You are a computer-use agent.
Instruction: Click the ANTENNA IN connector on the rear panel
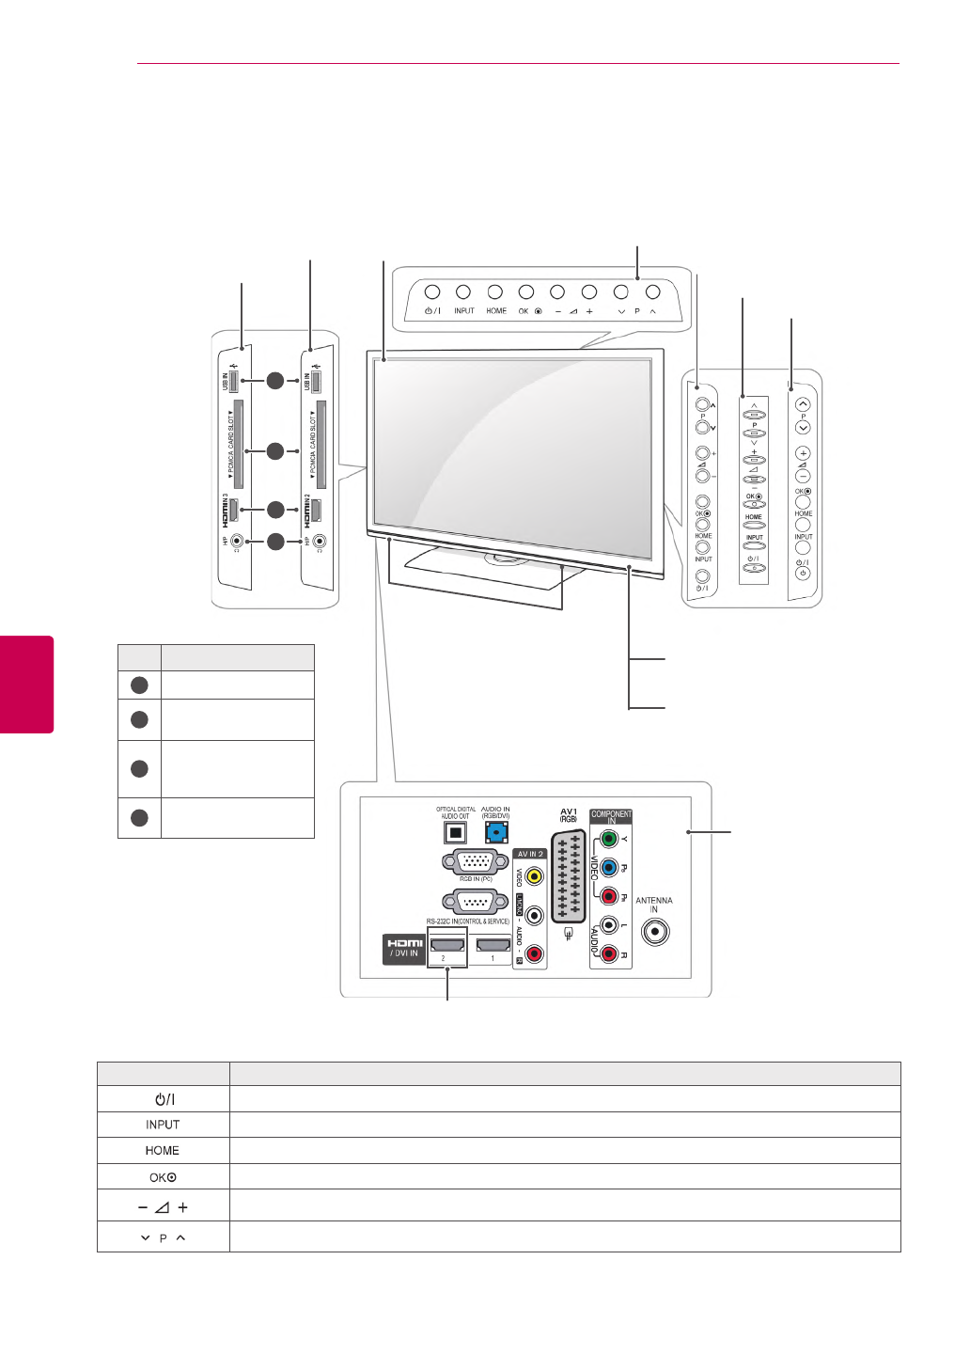pos(655,932)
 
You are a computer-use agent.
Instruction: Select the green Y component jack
pos(609,839)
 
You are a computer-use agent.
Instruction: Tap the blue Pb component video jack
pos(609,868)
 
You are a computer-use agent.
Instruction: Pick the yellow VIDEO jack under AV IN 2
pos(534,877)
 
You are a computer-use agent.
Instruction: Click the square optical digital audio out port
pos(455,832)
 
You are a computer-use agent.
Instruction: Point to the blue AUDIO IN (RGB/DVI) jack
pos(495,832)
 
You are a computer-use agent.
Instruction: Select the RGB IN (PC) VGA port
pos(475,861)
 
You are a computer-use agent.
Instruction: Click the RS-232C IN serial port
pos(475,902)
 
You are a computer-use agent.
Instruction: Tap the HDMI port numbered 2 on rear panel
pos(446,945)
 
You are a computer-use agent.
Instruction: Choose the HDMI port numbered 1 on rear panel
pos(493,945)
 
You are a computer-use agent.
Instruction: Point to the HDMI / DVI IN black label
pos(404,948)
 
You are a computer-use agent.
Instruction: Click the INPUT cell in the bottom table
pos(163,1125)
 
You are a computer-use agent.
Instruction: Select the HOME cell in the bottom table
pos(163,1151)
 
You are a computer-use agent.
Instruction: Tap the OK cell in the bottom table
pos(163,1177)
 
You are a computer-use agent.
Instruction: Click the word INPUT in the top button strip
pos(464,311)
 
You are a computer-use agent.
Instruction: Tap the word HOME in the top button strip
pos(496,311)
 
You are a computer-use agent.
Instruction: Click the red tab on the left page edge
pos(26,684)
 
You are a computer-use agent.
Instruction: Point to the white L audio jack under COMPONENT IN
pos(609,926)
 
